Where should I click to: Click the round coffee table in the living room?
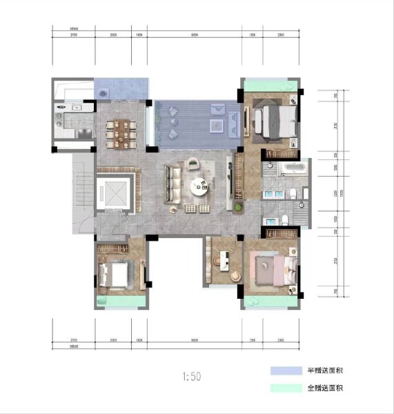click(199, 185)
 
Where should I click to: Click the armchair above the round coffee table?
click(194, 163)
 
